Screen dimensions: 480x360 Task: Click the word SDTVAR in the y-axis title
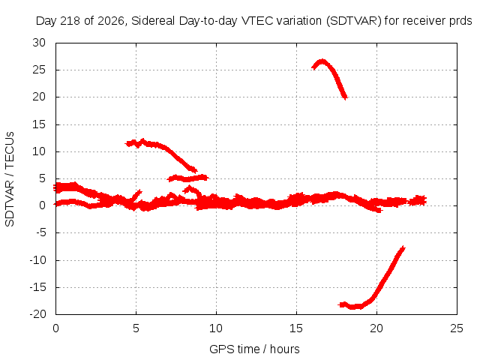point(10,203)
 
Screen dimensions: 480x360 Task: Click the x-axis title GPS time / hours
point(254,349)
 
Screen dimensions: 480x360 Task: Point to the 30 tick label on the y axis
point(39,43)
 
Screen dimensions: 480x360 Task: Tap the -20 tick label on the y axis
point(37,313)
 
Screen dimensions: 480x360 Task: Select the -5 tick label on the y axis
point(41,232)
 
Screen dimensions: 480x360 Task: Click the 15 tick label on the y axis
point(39,124)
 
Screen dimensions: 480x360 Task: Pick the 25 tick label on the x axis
point(457,328)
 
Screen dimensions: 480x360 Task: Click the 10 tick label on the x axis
point(216,328)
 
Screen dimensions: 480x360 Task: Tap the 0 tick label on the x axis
point(55,328)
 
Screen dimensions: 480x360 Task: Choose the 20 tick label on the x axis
point(376,328)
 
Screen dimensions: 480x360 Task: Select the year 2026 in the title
point(111,21)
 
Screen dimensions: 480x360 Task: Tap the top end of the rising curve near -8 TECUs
point(403,248)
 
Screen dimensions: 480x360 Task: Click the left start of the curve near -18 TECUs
point(340,304)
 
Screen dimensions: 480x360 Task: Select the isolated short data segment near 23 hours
point(417,200)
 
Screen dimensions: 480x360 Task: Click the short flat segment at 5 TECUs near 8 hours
point(188,178)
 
